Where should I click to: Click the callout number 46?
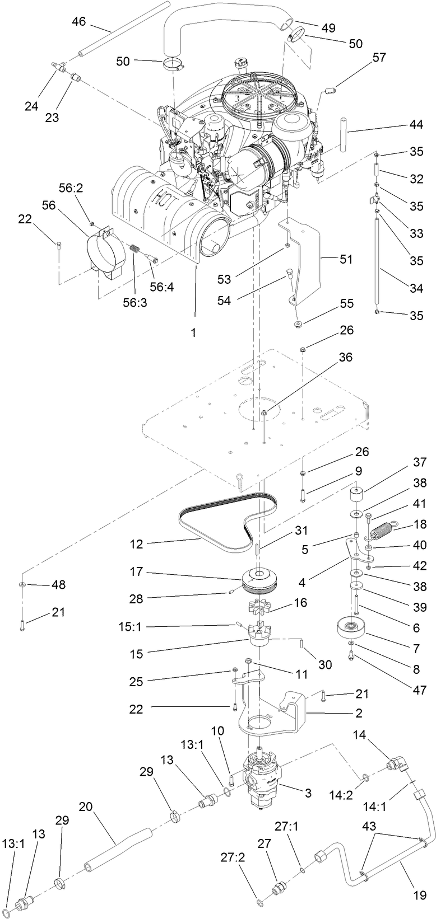click(x=79, y=22)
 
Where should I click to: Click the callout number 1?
click(x=194, y=332)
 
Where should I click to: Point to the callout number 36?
click(x=346, y=357)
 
